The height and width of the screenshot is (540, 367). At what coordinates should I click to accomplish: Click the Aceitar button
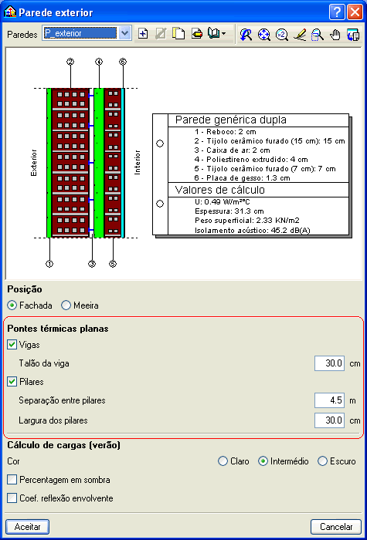(28, 527)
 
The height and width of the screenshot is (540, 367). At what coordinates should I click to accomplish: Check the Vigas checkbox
(12, 345)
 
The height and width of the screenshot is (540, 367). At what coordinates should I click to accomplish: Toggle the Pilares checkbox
(12, 382)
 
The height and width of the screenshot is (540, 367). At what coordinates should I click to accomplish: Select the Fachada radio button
(12, 305)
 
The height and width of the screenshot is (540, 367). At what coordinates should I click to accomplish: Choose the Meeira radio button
(66, 305)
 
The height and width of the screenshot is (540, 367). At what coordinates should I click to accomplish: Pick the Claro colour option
(223, 461)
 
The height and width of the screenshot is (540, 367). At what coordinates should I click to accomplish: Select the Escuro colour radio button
(322, 461)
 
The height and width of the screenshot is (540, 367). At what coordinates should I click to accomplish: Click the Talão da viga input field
(329, 363)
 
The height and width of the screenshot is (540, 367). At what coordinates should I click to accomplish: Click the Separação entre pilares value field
(329, 400)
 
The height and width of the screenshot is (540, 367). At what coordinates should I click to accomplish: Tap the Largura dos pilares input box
(329, 420)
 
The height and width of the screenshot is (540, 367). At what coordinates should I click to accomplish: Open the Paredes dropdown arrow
(125, 34)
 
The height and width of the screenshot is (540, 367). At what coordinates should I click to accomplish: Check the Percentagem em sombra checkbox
(12, 480)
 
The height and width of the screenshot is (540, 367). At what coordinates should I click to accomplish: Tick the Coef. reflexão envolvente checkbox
(12, 498)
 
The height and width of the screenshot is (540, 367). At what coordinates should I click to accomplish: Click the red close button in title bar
(355, 13)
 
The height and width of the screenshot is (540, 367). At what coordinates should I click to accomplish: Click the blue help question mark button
(337, 13)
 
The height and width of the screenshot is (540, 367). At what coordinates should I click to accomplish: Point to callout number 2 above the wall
(71, 62)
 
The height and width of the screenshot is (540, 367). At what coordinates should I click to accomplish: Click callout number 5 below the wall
(113, 264)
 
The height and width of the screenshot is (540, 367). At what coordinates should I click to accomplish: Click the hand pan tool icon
(335, 34)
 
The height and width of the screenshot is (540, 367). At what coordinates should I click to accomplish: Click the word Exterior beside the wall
(34, 163)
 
